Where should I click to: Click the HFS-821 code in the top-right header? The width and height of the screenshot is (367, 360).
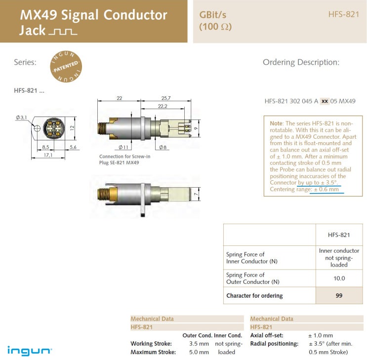tap(344, 14)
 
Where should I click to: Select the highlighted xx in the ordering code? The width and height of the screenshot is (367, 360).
tap(325, 101)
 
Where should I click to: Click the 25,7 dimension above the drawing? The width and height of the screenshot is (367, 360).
tap(166, 98)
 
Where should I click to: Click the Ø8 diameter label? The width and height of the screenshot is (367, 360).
tap(163, 147)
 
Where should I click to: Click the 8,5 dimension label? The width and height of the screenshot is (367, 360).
tap(45, 147)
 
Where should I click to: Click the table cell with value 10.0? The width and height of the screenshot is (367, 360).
tap(339, 279)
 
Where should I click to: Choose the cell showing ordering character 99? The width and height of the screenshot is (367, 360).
tap(339, 296)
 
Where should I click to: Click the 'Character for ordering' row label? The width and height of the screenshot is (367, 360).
tap(254, 296)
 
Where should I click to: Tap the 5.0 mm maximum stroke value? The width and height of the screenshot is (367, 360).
tap(199, 352)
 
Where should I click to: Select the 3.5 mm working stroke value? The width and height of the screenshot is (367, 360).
tap(199, 343)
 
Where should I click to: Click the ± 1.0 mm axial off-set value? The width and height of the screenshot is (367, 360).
tap(321, 335)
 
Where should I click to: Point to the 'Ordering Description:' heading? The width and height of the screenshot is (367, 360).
tap(301, 62)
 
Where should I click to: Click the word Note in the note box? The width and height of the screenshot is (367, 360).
tap(276, 123)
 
